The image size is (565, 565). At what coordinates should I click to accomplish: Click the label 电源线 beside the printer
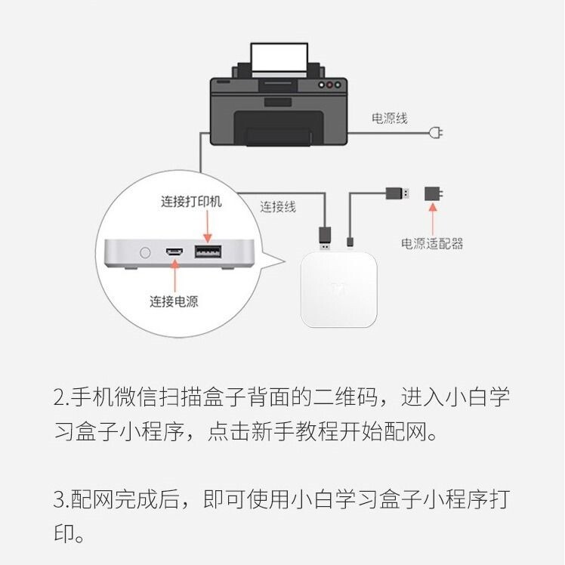click(x=389, y=119)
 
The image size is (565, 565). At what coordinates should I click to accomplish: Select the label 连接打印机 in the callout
click(x=191, y=202)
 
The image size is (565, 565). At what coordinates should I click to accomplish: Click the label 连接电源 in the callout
click(x=179, y=301)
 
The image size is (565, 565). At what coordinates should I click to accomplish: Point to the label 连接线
click(x=278, y=206)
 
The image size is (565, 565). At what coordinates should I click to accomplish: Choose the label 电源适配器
click(x=432, y=243)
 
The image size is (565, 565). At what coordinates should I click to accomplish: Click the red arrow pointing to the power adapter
click(x=433, y=218)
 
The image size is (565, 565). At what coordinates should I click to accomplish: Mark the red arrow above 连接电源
click(x=174, y=275)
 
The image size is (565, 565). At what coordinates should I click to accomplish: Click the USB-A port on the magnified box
click(x=205, y=252)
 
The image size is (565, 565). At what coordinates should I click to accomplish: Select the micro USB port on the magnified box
click(x=174, y=252)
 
